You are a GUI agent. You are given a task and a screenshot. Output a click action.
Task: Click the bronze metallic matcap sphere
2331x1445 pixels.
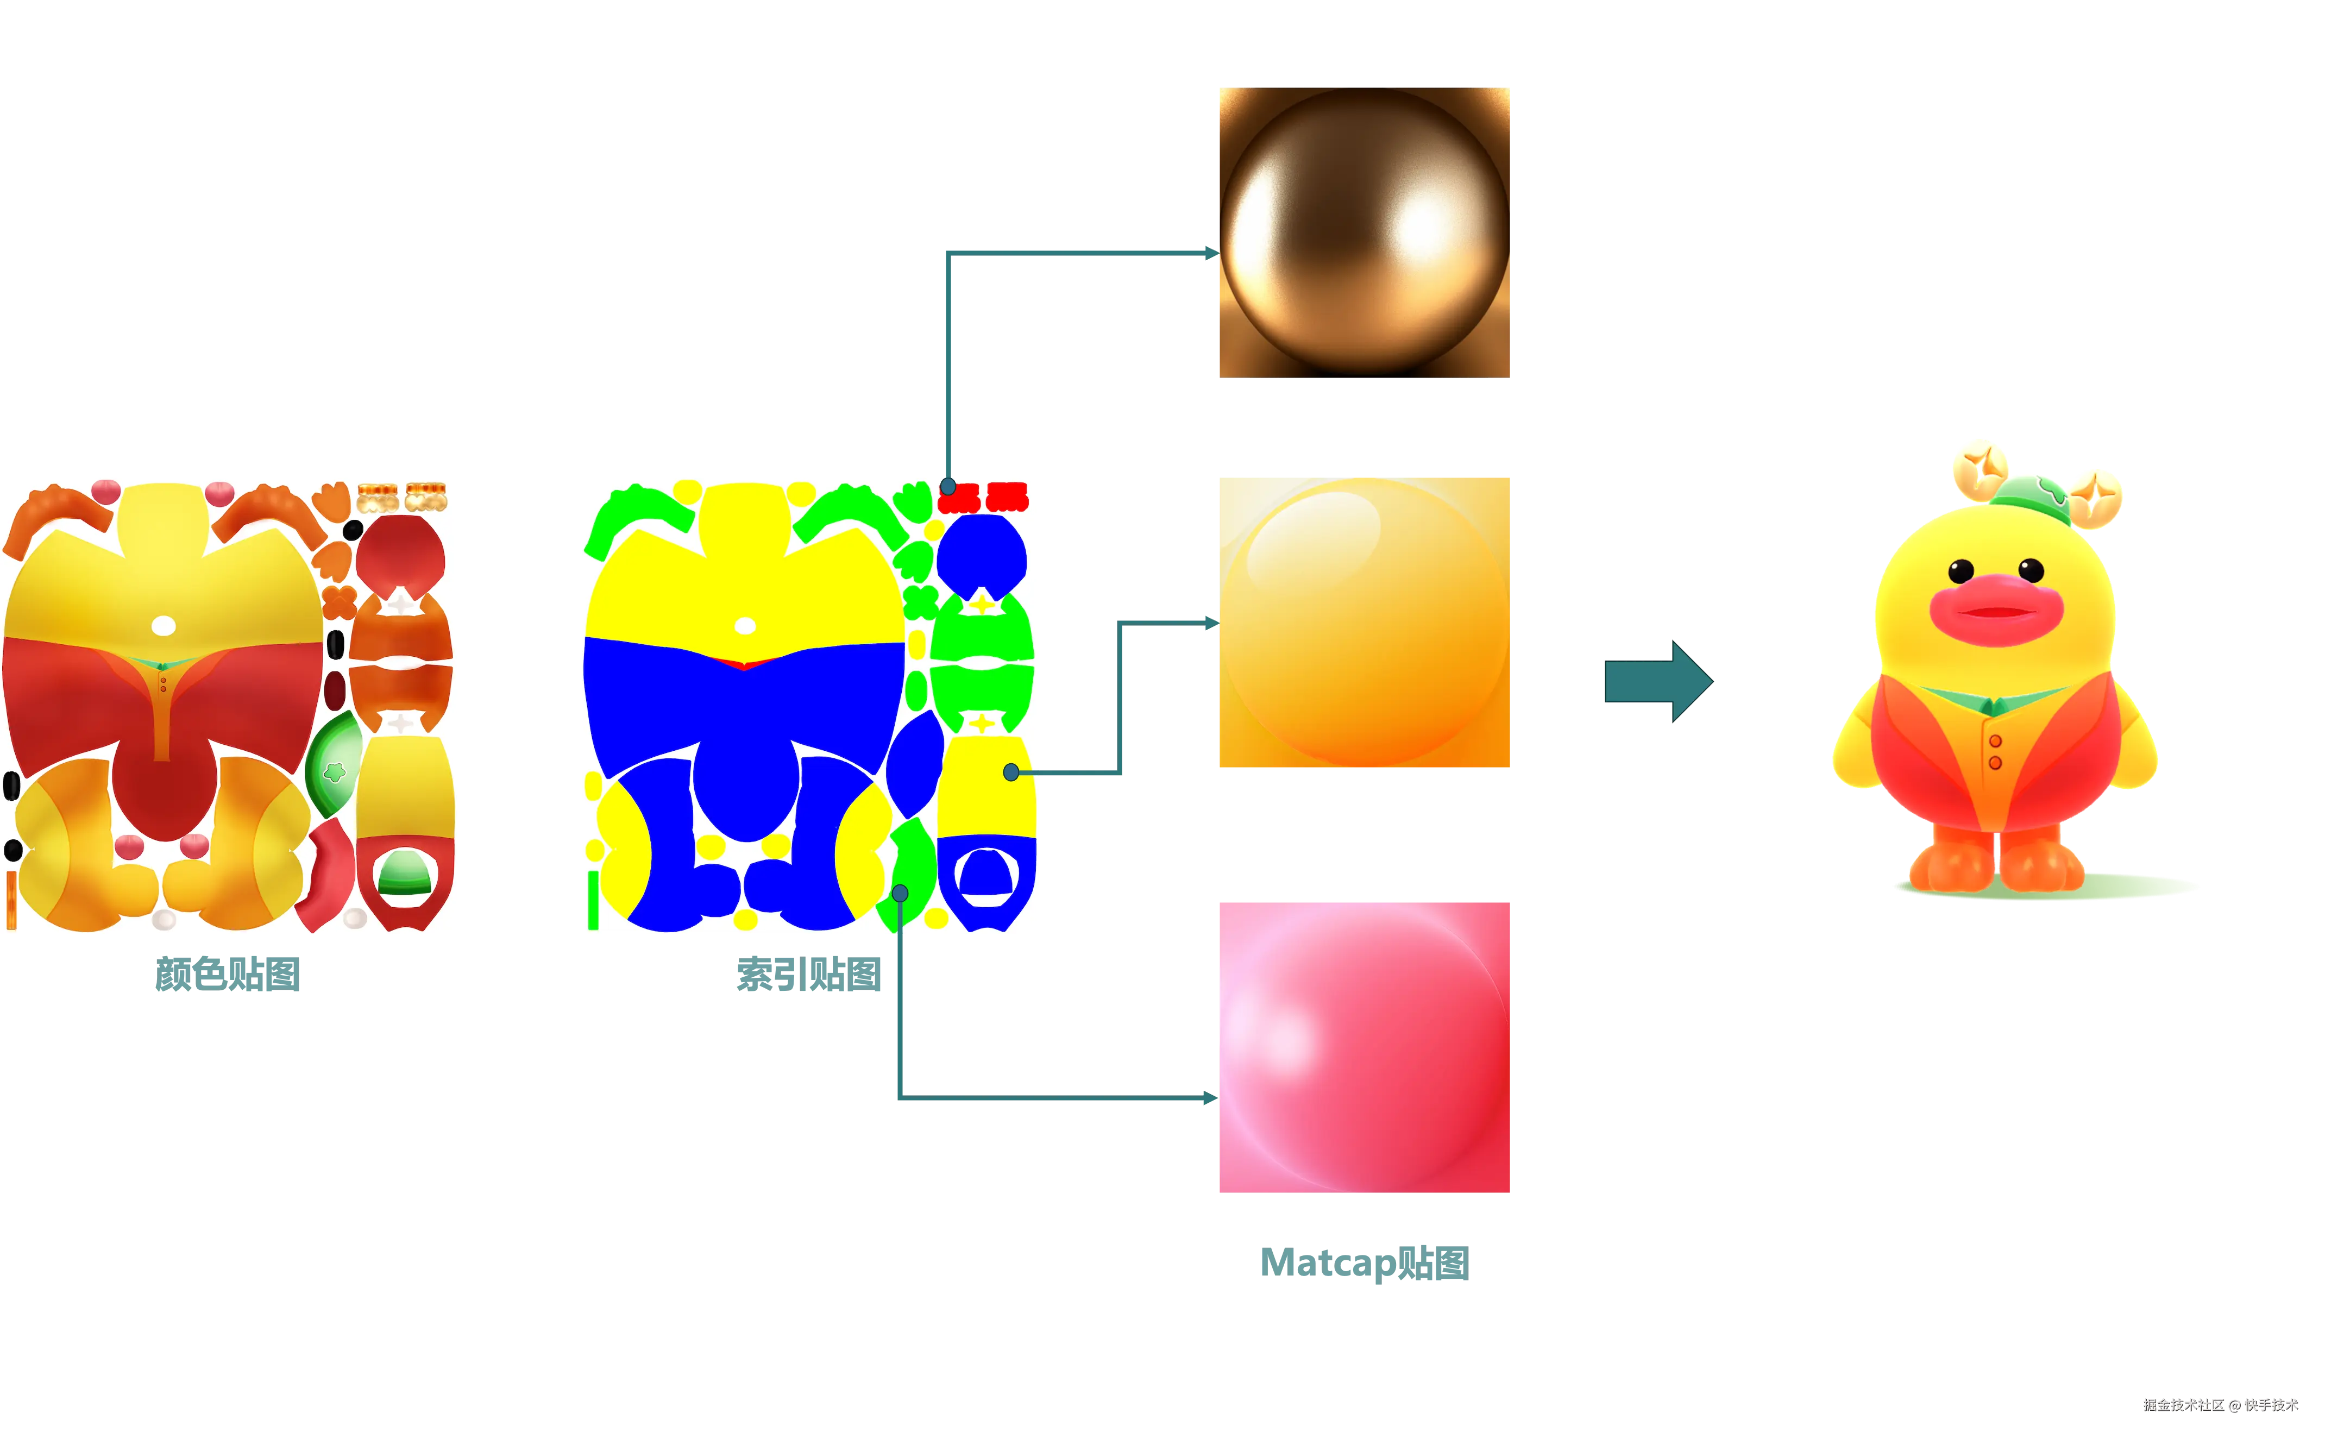point(1364,233)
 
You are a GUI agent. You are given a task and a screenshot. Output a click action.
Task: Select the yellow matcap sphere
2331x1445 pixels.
point(1364,621)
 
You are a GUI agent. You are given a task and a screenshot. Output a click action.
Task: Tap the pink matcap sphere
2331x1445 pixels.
point(1364,1046)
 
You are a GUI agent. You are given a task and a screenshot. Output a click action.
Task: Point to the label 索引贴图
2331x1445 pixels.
point(808,975)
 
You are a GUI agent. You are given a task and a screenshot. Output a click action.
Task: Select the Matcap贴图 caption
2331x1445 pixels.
point(1364,1262)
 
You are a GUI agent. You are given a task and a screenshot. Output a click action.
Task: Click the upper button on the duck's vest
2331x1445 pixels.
point(1995,742)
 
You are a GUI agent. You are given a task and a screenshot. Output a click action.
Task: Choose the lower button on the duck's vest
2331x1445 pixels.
point(1995,763)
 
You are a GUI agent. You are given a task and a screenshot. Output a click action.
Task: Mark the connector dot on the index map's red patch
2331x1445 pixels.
point(947,486)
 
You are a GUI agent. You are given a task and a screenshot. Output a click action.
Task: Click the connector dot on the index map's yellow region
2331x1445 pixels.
point(1011,772)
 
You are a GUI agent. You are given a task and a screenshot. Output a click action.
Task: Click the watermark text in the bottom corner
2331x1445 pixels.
point(2219,1404)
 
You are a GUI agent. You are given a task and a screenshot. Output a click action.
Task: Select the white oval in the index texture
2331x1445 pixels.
point(745,626)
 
